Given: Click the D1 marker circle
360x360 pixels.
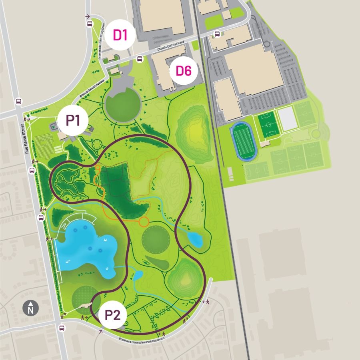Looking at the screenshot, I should pos(120,35).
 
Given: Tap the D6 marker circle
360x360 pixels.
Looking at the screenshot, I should pos(184,71).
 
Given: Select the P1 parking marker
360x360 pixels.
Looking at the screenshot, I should pos(73,120).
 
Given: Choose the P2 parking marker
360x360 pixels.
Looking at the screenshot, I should pos(112,315).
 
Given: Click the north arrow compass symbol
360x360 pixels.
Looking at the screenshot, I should pos(30,308).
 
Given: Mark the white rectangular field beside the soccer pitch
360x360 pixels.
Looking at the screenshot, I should pos(287,119).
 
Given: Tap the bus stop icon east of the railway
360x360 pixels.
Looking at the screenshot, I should pos(218,34).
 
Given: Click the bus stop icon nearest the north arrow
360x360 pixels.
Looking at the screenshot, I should pos(62,328).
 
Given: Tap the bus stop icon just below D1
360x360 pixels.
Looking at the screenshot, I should pos(140,59).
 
